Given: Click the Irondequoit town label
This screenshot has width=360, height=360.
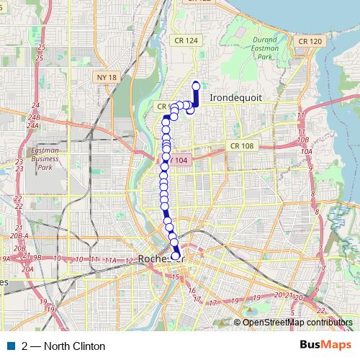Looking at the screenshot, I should coord(234,96).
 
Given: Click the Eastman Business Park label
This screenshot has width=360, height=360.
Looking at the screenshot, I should coord(45,159).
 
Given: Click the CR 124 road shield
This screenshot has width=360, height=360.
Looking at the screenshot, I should coord(186,41).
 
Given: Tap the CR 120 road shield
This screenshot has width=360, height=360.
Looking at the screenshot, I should coord(309,41).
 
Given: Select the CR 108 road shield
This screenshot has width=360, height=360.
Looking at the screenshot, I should coord(242,145).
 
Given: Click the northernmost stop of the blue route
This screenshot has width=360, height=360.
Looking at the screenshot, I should coord(196,86).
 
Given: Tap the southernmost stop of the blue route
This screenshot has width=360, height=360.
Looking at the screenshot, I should coord(175,256).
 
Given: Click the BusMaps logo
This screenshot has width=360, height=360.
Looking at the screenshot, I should coord(325,346).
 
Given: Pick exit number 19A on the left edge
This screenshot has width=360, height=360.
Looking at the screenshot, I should coord(5,258).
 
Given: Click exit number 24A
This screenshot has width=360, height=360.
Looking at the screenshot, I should coord(32,125).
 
